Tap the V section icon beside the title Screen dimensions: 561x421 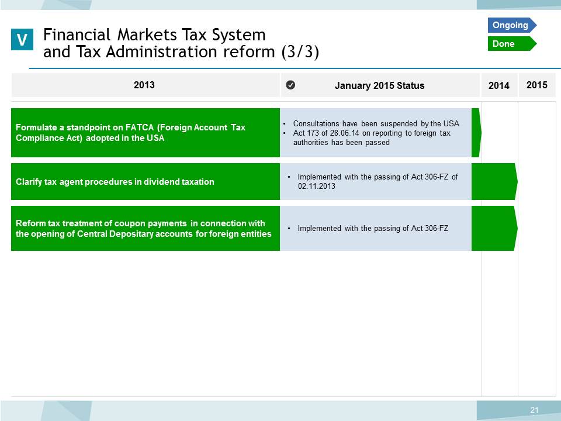click(22, 39)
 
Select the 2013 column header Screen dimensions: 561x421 click(144, 85)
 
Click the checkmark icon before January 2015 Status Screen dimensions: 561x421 click(290, 85)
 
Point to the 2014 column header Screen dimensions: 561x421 click(498, 85)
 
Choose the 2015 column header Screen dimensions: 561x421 click(536, 85)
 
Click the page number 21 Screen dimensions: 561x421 click(534, 410)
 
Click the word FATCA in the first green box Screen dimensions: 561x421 click(140, 127)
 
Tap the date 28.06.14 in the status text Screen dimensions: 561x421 click(345, 133)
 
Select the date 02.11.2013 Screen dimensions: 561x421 click(317, 186)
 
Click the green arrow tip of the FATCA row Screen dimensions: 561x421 click(481, 133)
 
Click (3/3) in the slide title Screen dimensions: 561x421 click(300, 52)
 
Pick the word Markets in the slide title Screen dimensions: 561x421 click(147, 34)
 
